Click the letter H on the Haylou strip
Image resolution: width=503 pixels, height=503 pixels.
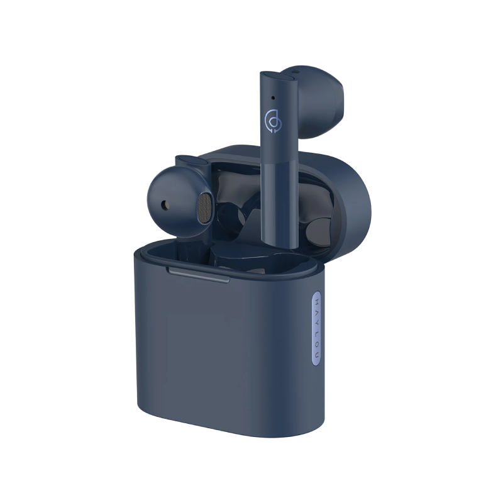click(x=317, y=302)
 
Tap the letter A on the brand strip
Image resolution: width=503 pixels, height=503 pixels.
click(x=317, y=311)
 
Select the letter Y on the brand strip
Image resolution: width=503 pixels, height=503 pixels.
click(x=317, y=323)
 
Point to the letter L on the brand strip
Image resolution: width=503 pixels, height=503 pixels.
click(x=317, y=333)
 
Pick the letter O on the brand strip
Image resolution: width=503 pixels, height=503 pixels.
click(x=317, y=344)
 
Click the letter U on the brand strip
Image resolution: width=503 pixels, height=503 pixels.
click(x=317, y=355)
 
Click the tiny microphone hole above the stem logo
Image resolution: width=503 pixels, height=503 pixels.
click(x=273, y=97)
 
